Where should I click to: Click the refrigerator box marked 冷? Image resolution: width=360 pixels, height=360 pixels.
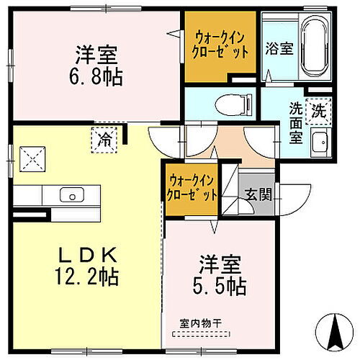[105, 136]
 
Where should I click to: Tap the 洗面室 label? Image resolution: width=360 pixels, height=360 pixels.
[297, 123]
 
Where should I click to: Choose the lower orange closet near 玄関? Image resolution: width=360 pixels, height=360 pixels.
[193, 188]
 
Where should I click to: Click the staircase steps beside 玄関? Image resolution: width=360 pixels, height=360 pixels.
[229, 189]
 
